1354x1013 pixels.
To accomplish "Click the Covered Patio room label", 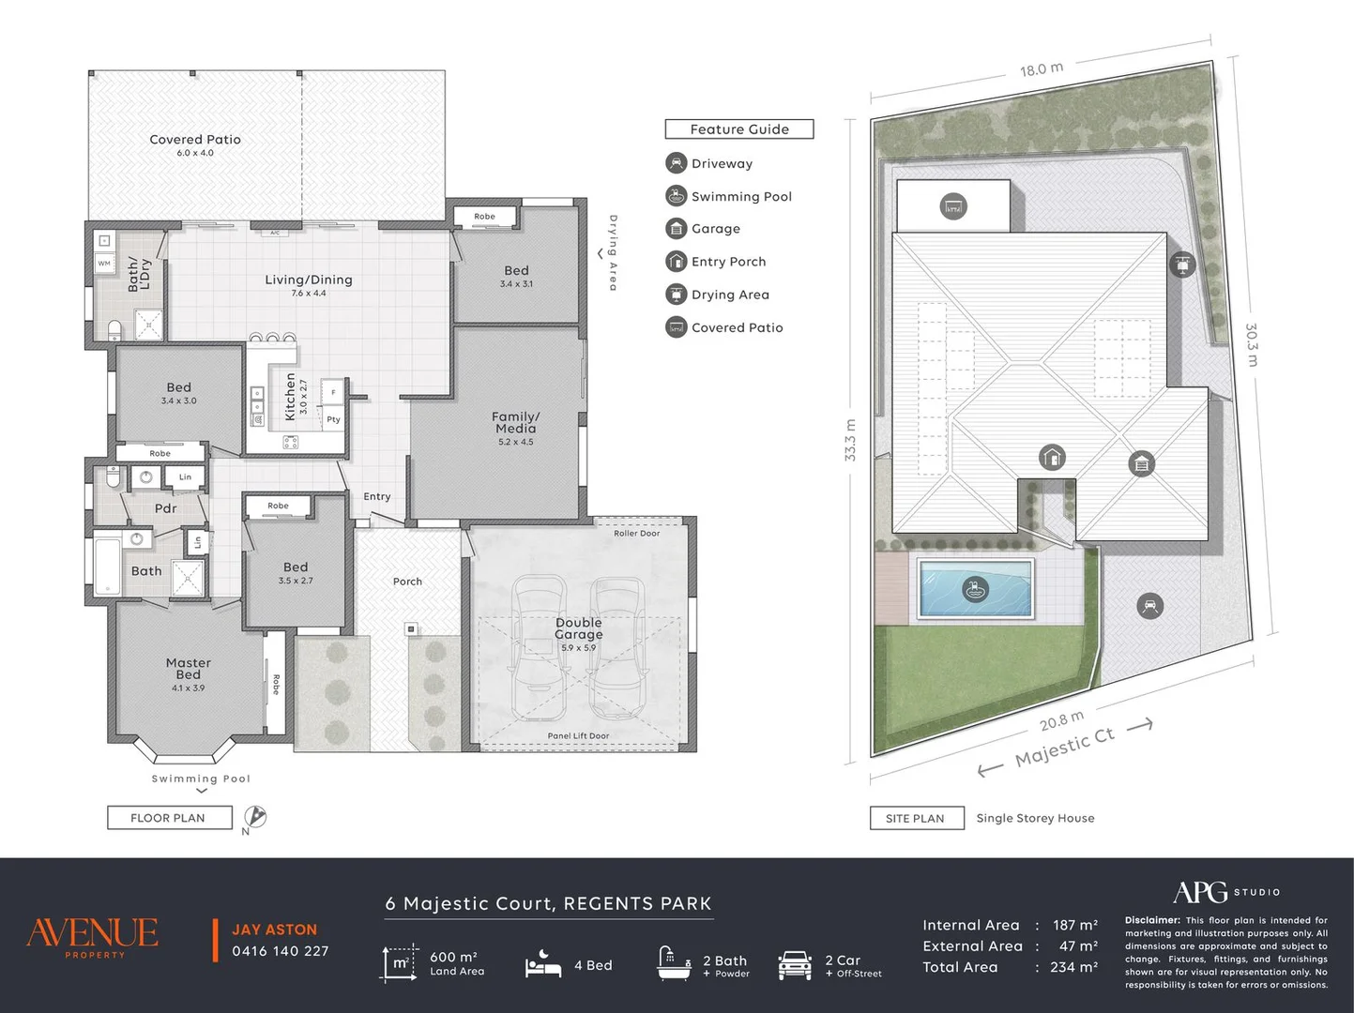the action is [x=195, y=140].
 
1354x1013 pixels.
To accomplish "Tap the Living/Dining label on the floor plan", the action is [x=309, y=280].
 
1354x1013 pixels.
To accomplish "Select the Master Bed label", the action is [x=189, y=669].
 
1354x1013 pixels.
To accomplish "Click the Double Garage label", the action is [x=579, y=628].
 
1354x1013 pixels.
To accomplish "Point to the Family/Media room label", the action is [x=516, y=422].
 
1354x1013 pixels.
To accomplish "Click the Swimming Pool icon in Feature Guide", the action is [x=677, y=196].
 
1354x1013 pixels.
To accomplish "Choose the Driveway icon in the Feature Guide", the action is [x=677, y=163].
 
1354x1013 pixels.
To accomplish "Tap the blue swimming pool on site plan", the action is [x=975, y=588].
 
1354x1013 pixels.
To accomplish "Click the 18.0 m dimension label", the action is [x=1042, y=69].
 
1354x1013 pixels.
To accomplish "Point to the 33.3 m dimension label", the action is [x=850, y=440].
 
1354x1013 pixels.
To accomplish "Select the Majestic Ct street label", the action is [x=1065, y=747].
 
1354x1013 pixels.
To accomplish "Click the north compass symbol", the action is [x=254, y=817].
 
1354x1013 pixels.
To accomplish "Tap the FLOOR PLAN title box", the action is [x=170, y=818].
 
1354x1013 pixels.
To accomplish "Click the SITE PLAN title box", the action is [x=917, y=818].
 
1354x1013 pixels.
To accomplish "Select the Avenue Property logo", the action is [x=92, y=937].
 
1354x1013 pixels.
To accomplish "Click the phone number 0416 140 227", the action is [x=280, y=951].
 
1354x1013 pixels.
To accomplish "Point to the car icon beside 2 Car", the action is [x=795, y=965].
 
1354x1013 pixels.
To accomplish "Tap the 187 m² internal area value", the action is [x=1075, y=925].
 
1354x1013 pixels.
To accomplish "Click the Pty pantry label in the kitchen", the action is [x=333, y=419].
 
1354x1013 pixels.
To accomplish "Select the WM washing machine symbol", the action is [x=104, y=264].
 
